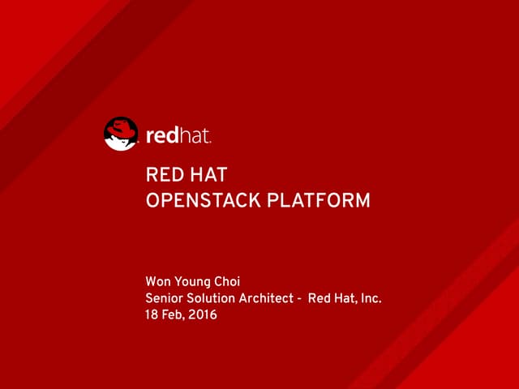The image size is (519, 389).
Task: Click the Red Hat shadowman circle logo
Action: point(121,134)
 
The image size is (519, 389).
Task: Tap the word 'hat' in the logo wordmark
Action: point(196,135)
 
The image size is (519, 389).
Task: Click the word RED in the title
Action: point(162,175)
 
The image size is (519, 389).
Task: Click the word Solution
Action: point(212,298)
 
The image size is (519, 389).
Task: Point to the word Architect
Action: point(267,298)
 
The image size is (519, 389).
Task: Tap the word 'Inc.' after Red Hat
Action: point(371,298)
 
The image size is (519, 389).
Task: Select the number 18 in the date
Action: point(152,314)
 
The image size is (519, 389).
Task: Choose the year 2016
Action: point(203,314)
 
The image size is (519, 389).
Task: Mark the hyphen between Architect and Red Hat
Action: point(299,299)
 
